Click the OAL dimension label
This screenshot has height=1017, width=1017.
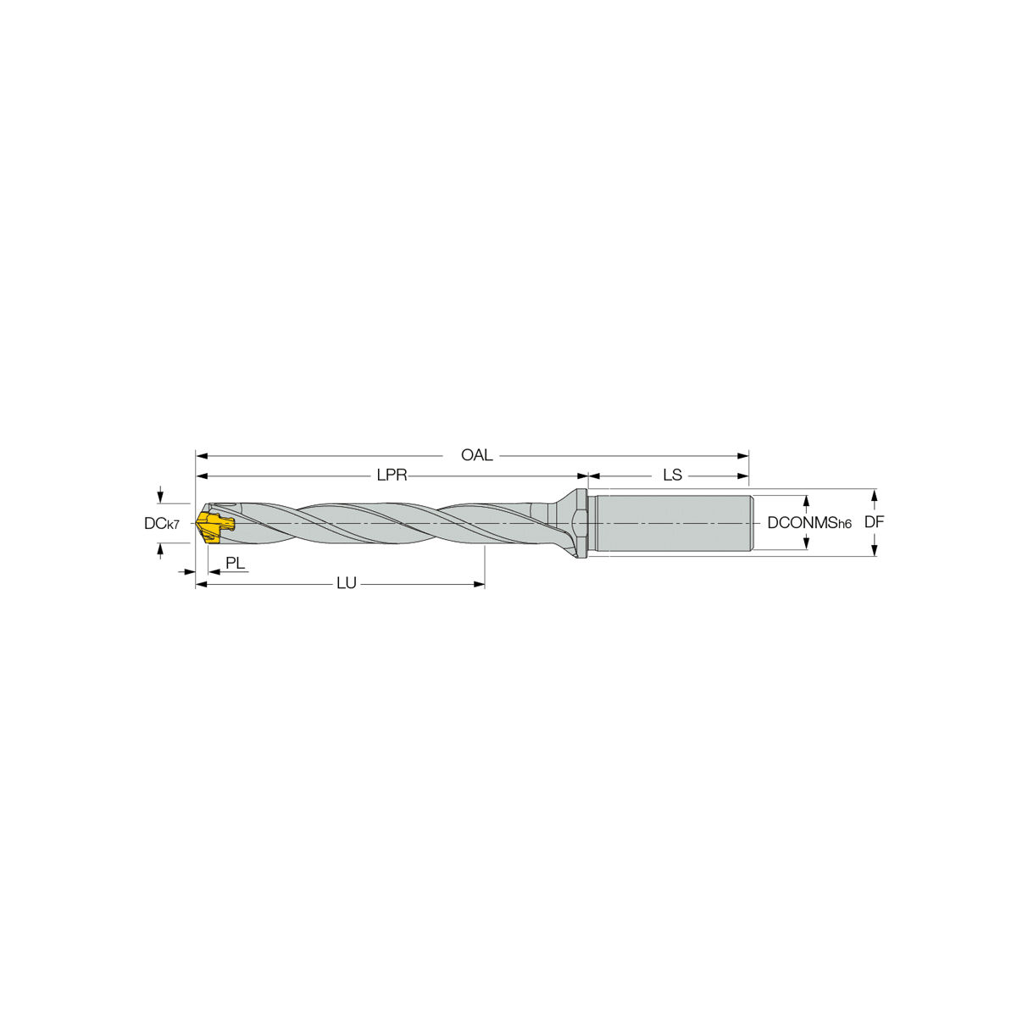pyautogui.click(x=476, y=455)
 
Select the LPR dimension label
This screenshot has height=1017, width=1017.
pyautogui.click(x=392, y=475)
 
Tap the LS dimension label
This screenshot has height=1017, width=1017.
pyautogui.click(x=672, y=475)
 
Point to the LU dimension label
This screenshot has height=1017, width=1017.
pyautogui.click(x=347, y=583)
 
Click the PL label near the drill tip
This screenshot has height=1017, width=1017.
pyautogui.click(x=236, y=563)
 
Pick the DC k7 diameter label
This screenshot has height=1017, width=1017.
pyautogui.click(x=162, y=524)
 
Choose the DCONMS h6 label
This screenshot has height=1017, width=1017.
pyautogui.click(x=809, y=523)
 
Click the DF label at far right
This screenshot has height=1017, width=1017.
pyautogui.click(x=874, y=523)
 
